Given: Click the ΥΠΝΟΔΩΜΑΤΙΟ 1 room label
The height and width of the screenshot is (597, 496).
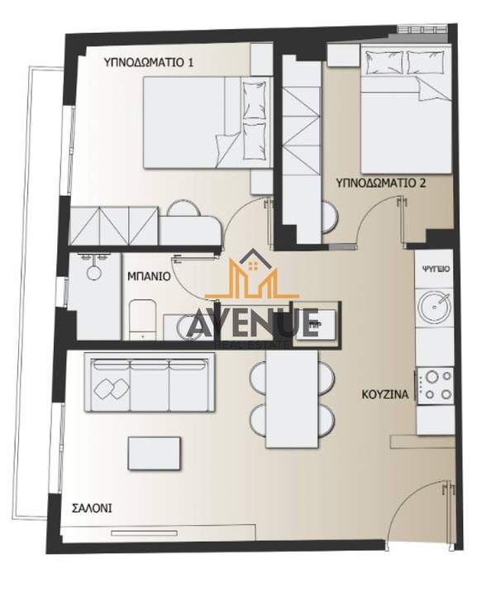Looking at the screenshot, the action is [x=149, y=62].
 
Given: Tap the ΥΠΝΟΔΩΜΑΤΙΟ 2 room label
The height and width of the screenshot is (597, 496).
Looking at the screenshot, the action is [x=380, y=183].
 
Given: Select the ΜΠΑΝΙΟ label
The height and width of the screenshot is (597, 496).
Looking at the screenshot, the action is [x=149, y=276].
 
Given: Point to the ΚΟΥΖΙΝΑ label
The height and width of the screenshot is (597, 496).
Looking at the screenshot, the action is [x=385, y=394].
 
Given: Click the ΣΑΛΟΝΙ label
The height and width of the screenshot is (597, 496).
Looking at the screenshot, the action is [x=92, y=508].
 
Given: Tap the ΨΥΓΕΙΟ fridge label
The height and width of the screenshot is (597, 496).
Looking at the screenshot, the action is [x=436, y=269].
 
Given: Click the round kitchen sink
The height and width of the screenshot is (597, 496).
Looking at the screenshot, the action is [x=433, y=307].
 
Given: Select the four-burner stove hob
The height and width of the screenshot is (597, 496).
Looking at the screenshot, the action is [x=436, y=385].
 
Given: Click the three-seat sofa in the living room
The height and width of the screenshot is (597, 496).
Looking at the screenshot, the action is [x=150, y=382].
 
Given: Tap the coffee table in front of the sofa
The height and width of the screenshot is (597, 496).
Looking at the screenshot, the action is [x=154, y=453].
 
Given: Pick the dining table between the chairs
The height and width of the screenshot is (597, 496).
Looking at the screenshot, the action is [x=292, y=399].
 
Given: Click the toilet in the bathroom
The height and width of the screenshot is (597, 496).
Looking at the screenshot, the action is [x=142, y=319].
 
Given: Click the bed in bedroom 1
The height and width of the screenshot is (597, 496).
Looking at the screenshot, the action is [x=208, y=122].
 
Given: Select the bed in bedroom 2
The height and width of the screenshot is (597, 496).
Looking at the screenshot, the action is [x=406, y=109].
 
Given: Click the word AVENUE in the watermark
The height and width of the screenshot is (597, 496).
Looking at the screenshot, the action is [x=254, y=323].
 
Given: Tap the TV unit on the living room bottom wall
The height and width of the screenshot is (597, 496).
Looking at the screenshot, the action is [x=158, y=533].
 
